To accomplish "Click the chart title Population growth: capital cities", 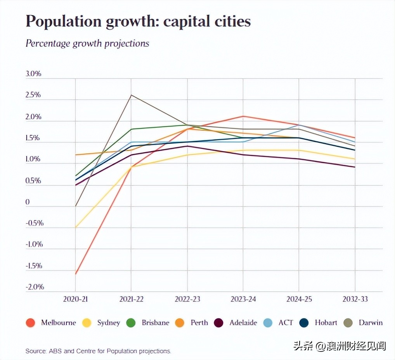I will tap(138, 22).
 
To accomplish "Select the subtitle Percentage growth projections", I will tap(87, 43).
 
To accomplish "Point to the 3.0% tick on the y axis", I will tap(33, 74).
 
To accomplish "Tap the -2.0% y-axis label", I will tap(35, 287).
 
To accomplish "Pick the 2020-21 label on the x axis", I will tap(75, 299).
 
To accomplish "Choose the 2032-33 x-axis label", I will tap(355, 299).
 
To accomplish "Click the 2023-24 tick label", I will tap(243, 299).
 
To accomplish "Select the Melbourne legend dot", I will tap(31, 323).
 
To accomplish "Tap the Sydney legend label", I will tap(109, 323).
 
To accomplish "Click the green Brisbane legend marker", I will tap(131, 323).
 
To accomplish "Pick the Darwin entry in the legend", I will tap(371, 323).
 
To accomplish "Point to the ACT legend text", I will tap(286, 323).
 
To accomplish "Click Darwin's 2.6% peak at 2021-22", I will tap(131, 95).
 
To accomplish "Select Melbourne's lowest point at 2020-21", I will tap(75, 274).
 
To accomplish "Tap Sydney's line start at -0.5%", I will tap(75, 227).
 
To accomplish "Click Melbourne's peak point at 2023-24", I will tap(243, 116).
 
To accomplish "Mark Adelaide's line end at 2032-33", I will tap(355, 167).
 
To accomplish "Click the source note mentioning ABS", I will tap(98, 351).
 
